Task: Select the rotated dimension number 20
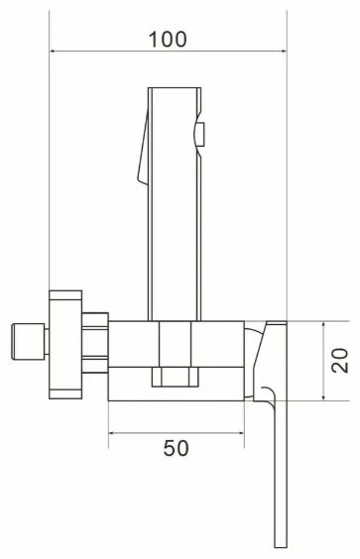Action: pyautogui.click(x=340, y=362)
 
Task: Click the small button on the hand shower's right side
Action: pyautogui.click(x=199, y=134)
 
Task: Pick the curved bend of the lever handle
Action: pyautogui.click(x=268, y=398)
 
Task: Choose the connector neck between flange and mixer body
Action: pyautogui.click(x=95, y=344)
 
